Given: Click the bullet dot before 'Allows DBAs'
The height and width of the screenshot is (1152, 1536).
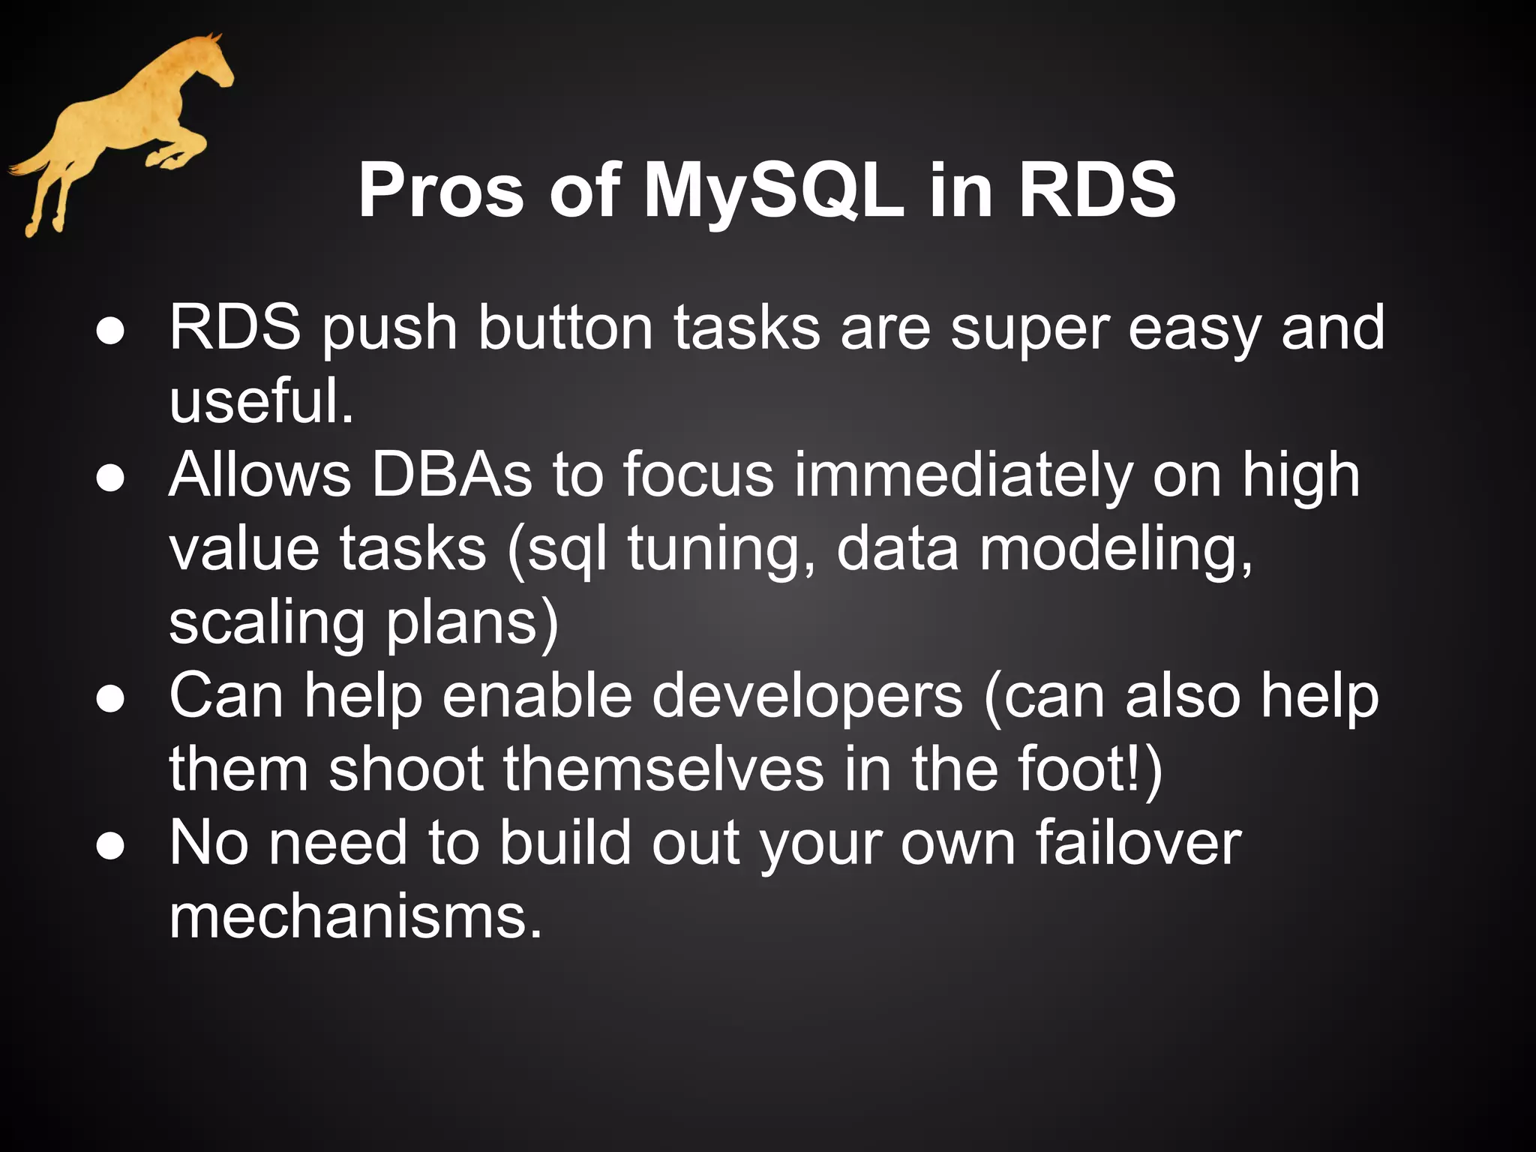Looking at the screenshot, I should [x=110, y=478].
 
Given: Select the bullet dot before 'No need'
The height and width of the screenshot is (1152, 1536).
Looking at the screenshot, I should [x=110, y=847].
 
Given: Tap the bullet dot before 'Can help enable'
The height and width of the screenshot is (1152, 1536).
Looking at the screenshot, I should [x=110, y=700].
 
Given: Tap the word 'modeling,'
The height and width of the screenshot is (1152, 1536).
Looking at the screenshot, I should [x=1117, y=550].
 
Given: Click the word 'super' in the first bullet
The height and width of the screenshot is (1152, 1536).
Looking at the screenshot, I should [x=1030, y=329].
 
